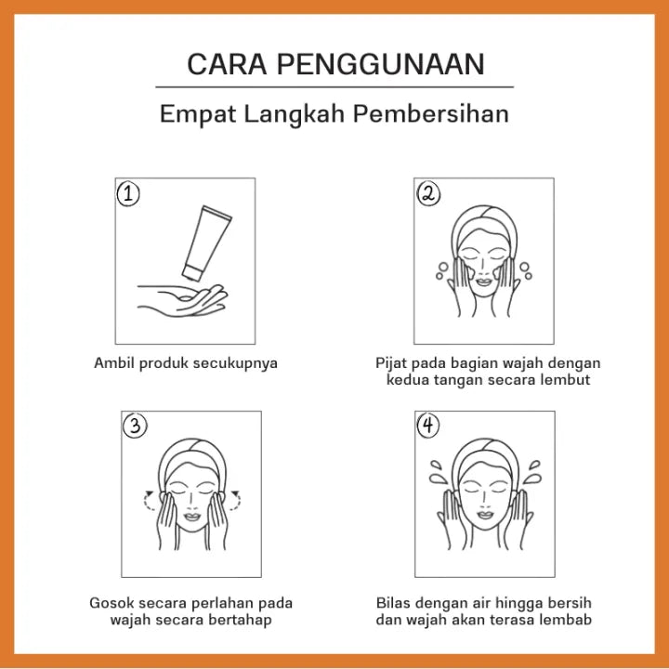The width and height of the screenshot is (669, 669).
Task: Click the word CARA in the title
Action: coord(227,64)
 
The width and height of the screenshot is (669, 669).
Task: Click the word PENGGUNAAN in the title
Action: coord(381,64)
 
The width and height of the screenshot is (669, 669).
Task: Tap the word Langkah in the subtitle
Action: coord(294,114)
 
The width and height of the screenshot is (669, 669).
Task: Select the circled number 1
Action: coord(128,194)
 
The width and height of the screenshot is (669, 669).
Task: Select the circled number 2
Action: coord(428,194)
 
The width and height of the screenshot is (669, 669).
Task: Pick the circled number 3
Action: coord(135,426)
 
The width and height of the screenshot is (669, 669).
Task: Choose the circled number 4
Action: coord(428,426)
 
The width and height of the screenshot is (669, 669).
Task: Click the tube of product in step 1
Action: coord(207,243)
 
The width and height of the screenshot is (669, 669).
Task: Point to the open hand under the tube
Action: coord(183,301)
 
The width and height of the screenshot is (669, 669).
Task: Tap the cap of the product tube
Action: coord(191,273)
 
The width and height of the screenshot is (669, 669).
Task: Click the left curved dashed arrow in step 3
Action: coord(149,501)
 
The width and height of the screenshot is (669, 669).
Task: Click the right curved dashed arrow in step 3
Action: coord(235,501)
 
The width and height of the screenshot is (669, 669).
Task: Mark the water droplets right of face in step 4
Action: coord(532,472)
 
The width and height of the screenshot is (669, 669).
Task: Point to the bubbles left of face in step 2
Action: coord(442,271)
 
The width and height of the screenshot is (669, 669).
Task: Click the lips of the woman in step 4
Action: coord(485,515)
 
